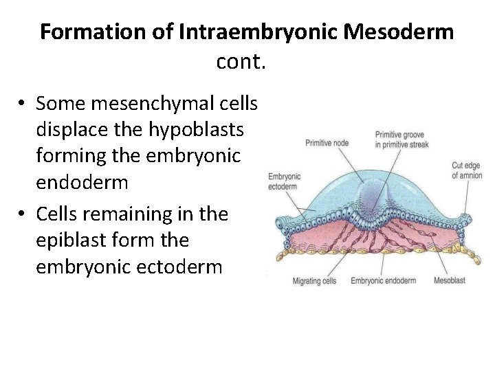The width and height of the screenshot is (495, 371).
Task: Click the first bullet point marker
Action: (23, 104)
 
